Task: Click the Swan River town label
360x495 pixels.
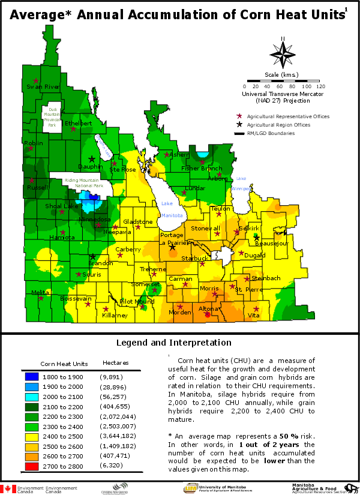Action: click(x=43, y=87)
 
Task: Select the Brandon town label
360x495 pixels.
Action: click(x=100, y=263)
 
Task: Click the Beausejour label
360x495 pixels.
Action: click(x=271, y=244)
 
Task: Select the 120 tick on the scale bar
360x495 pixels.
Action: click(x=320, y=86)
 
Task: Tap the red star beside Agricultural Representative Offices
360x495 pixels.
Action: click(x=239, y=116)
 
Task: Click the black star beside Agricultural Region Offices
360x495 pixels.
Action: click(x=239, y=125)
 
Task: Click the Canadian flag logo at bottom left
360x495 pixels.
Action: click(x=8, y=488)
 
